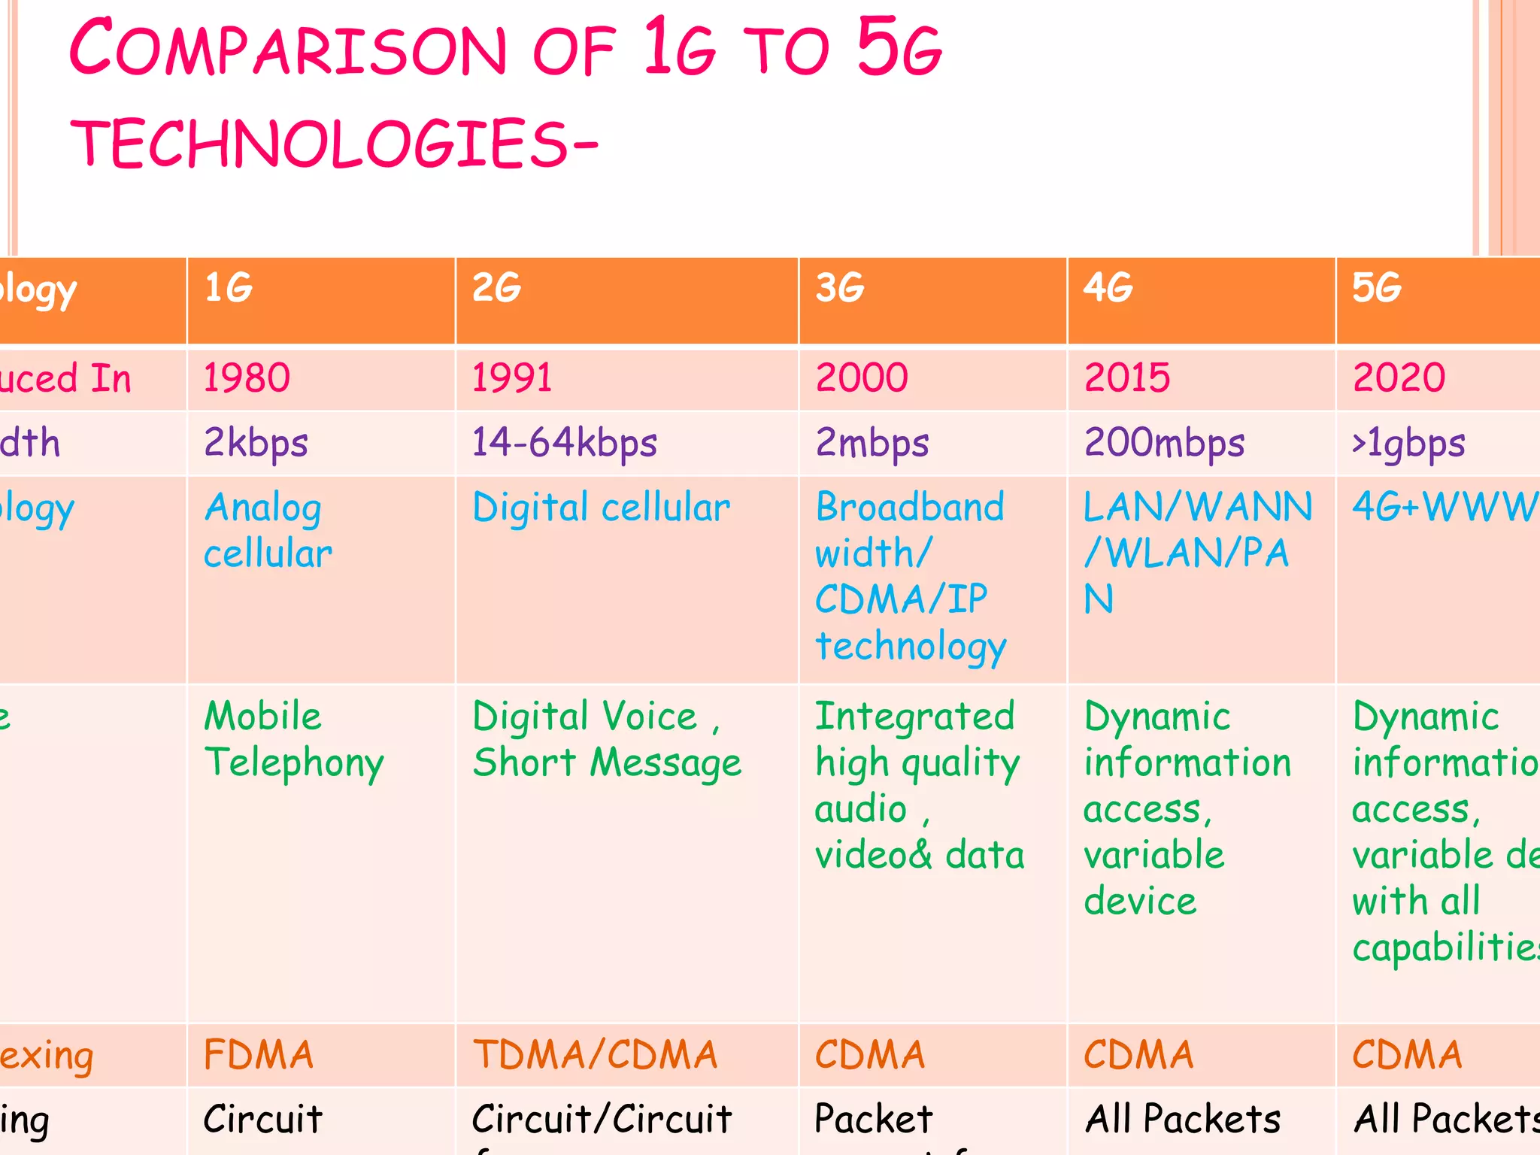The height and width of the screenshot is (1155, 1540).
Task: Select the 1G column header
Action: click(229, 288)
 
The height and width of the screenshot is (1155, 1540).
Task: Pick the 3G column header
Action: click(840, 288)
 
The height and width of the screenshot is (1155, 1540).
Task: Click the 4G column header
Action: click(1108, 288)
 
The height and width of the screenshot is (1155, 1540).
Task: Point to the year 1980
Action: click(247, 377)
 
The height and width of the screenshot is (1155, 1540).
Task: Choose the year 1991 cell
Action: click(512, 377)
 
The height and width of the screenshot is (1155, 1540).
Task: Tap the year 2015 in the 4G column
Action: click(1127, 377)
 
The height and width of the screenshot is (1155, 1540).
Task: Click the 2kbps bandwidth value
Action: click(256, 443)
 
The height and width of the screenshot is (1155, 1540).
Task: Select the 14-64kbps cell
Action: click(565, 443)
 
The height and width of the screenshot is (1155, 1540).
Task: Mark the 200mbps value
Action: click(1164, 443)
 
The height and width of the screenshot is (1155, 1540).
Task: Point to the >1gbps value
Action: click(1408, 443)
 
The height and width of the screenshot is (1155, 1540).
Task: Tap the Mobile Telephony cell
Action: click(293, 740)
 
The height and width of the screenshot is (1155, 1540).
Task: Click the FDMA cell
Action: click(258, 1054)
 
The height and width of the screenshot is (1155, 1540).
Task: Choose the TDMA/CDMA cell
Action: click(595, 1054)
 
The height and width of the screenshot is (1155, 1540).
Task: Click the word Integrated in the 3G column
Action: click(915, 716)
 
